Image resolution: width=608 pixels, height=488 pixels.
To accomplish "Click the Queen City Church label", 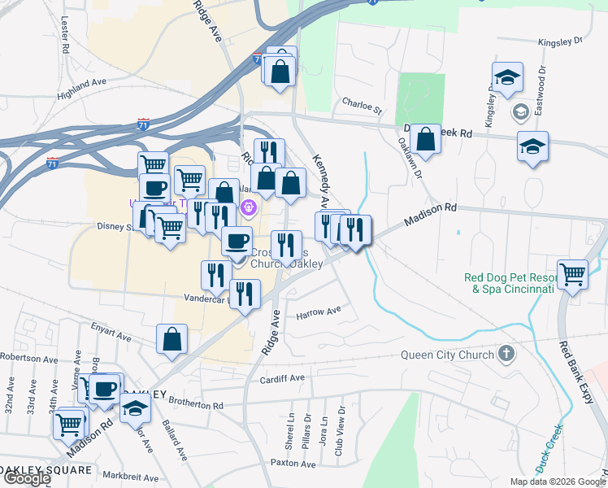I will (447, 355).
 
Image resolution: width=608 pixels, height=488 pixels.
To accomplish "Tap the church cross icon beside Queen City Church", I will (506, 354).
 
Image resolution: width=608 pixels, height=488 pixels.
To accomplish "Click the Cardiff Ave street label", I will (281, 379).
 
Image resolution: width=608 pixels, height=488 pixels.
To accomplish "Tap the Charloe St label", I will (362, 105).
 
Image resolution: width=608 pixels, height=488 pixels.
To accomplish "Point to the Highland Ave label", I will (82, 89).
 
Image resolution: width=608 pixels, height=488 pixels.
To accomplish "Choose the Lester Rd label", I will (64, 33).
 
